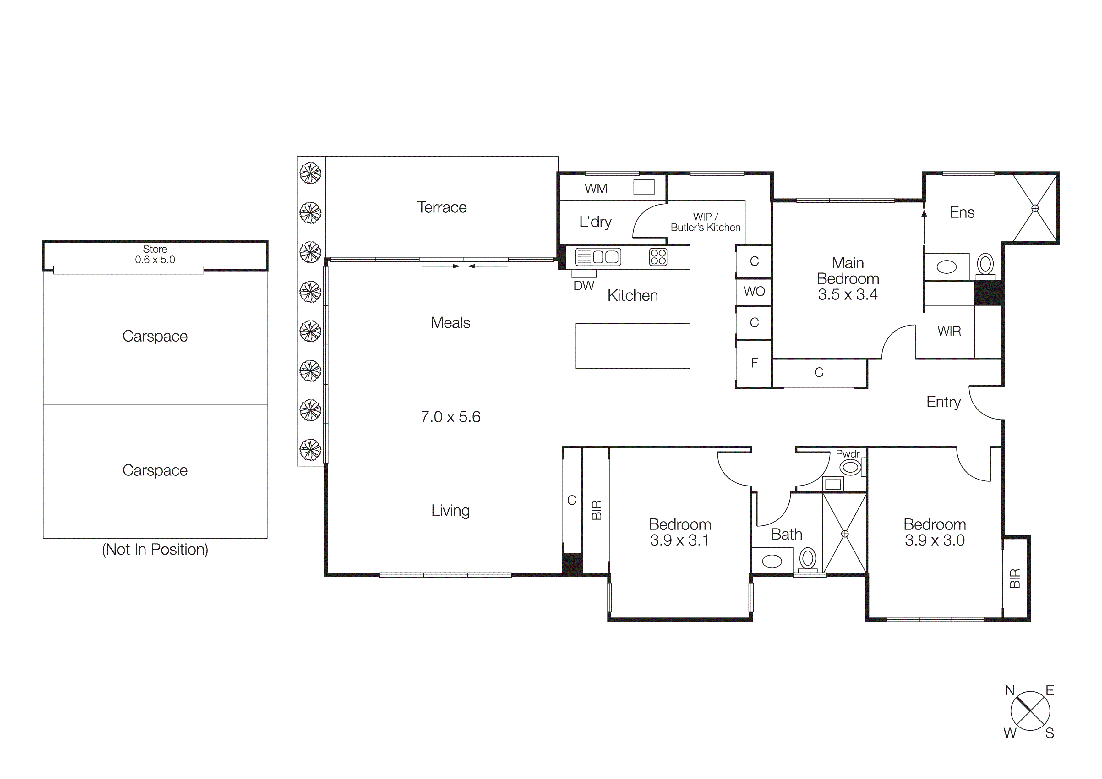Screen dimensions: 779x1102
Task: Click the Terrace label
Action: click(x=442, y=207)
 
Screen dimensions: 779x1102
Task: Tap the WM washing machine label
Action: click(x=596, y=189)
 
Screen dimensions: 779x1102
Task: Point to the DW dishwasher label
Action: click(x=584, y=286)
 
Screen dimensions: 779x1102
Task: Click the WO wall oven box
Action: click(x=754, y=291)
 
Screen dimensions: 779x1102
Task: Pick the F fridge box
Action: click(x=754, y=363)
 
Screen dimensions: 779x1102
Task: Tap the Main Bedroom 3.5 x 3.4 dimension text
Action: click(x=848, y=294)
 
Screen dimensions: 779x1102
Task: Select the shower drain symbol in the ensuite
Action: click(x=1035, y=208)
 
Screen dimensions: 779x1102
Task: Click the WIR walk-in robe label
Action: click(x=949, y=331)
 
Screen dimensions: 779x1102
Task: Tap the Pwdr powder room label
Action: click(x=848, y=453)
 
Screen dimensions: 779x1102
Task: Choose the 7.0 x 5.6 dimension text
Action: click(x=450, y=417)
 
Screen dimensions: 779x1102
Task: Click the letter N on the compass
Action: click(x=1010, y=691)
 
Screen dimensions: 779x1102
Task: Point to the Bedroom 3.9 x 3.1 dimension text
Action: click(x=679, y=540)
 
